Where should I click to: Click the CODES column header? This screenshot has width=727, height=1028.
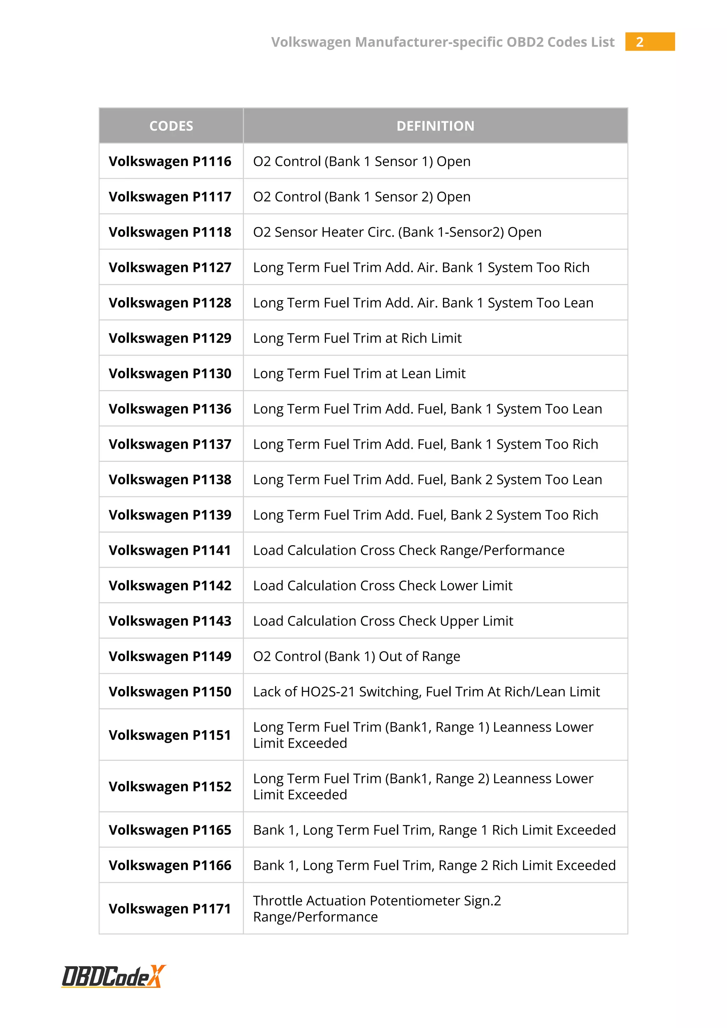click(171, 126)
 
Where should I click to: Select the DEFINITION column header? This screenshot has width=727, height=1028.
click(435, 126)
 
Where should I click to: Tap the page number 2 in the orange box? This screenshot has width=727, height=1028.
click(640, 42)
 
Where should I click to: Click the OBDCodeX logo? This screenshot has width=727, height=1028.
click(113, 977)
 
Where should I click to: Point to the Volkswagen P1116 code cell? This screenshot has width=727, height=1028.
click(170, 161)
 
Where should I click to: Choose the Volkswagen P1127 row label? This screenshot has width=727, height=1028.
click(170, 267)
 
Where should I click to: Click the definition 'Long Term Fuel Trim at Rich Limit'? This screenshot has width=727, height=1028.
click(357, 338)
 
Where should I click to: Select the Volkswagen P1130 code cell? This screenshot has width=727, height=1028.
click(170, 373)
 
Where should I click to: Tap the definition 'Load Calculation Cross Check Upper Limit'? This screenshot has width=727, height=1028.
click(383, 621)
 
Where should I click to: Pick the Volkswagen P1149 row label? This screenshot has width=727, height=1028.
click(170, 656)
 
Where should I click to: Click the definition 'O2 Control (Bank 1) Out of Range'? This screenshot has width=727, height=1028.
click(357, 656)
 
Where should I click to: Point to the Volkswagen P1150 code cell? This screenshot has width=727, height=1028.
click(170, 692)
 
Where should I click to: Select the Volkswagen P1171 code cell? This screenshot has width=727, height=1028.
click(170, 909)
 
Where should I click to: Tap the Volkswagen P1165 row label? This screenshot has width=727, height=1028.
click(170, 830)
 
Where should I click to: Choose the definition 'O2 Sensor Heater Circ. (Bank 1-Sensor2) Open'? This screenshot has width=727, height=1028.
click(398, 232)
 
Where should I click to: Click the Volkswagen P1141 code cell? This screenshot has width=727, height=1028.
click(170, 550)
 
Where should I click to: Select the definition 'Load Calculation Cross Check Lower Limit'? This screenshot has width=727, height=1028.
click(383, 586)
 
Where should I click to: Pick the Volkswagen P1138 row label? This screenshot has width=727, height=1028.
click(170, 480)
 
